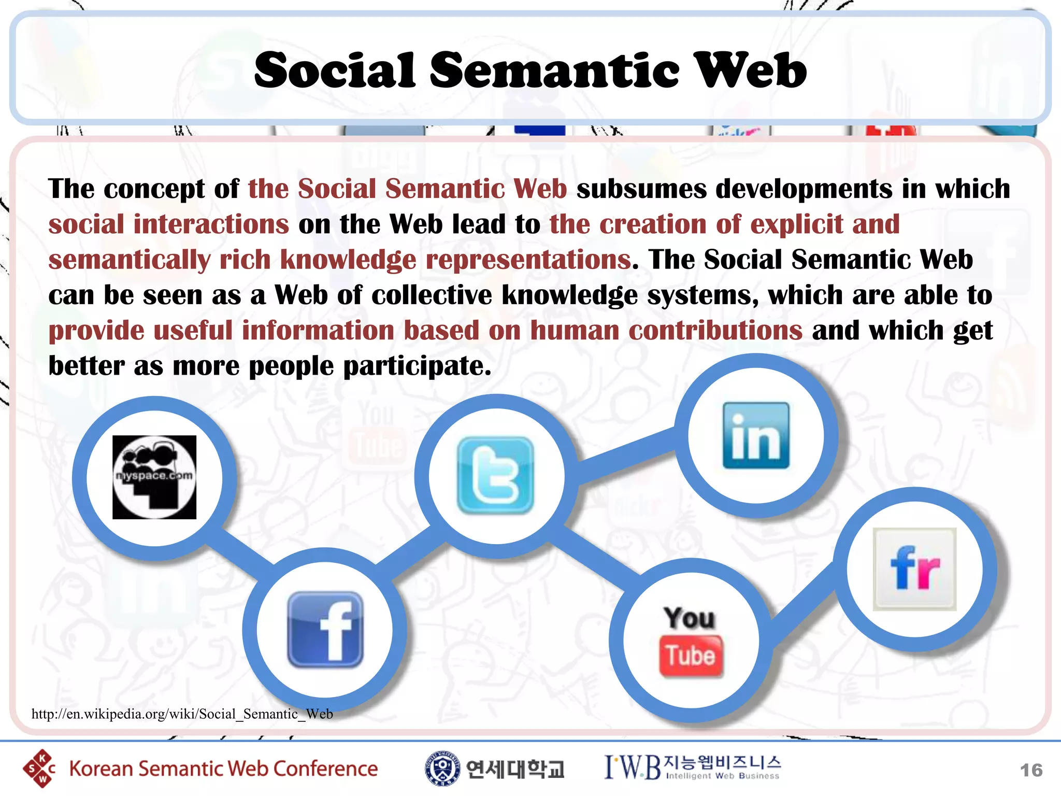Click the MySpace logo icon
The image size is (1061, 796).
[x=154, y=477]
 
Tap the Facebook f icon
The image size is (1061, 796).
[x=325, y=630]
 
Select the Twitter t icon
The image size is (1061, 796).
[x=496, y=475]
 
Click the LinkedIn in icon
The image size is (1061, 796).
[x=756, y=436]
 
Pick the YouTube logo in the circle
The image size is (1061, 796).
[x=691, y=642]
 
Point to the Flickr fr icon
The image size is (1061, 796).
[x=914, y=569]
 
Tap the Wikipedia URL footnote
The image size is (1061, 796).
[x=182, y=714]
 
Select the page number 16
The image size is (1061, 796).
[x=1031, y=770]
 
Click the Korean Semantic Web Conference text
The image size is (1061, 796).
[x=223, y=769]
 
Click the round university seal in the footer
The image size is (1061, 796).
[x=442, y=769]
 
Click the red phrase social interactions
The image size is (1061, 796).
[x=168, y=224]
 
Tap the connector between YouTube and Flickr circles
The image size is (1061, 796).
[x=803, y=604]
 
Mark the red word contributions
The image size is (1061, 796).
[x=715, y=331]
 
